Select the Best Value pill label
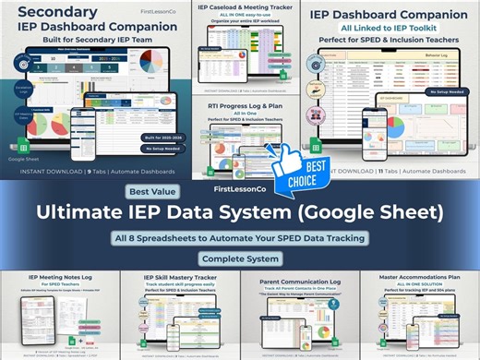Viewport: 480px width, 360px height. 149,191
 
